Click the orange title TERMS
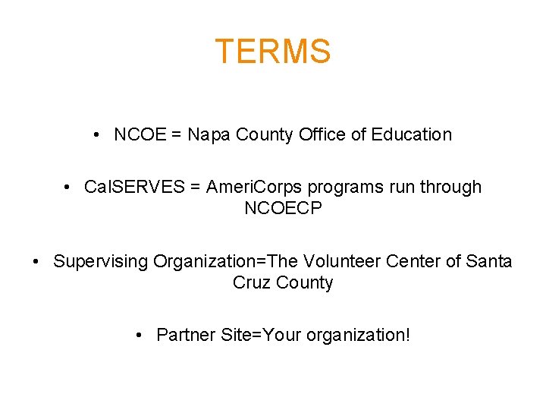click(273, 52)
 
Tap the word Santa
click(490, 262)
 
